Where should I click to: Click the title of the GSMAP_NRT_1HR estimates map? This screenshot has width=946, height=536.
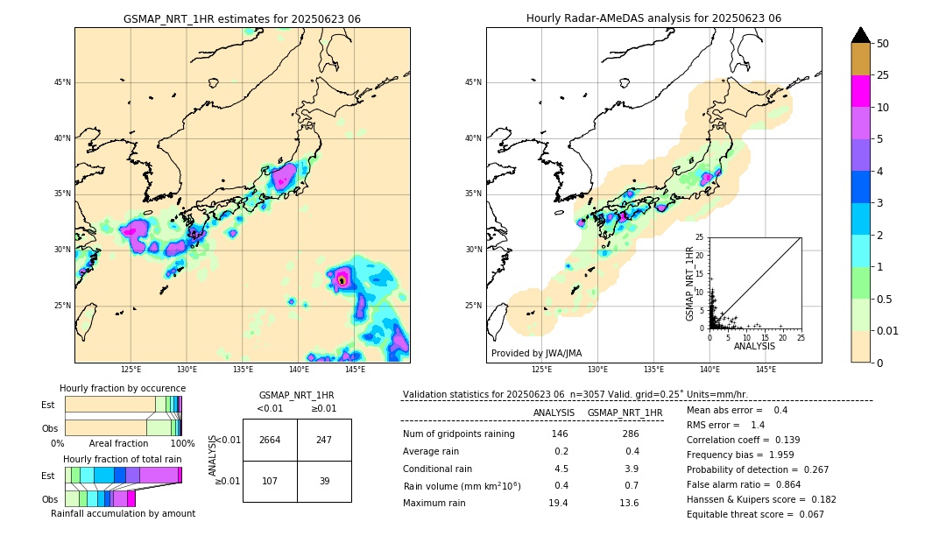point(242,18)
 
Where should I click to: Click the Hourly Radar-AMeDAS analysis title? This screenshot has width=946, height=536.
point(653,18)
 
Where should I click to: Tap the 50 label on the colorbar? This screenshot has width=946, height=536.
point(884,44)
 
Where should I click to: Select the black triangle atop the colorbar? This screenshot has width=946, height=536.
point(861,35)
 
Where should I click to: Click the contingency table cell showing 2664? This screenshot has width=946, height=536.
point(270,440)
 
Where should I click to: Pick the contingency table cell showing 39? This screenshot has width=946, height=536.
point(324,481)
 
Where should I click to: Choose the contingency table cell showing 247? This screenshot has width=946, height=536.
point(324,440)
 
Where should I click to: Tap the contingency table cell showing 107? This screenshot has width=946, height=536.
point(270,481)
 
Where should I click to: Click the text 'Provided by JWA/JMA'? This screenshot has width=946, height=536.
point(536,354)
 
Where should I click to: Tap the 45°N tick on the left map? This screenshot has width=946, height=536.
point(62,83)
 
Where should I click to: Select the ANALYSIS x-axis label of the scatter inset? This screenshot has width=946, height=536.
point(754,346)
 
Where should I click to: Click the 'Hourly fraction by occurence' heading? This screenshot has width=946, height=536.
point(123,388)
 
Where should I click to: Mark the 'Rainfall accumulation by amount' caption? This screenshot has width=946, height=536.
point(123,513)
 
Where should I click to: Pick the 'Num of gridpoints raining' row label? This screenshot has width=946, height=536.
point(458,434)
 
